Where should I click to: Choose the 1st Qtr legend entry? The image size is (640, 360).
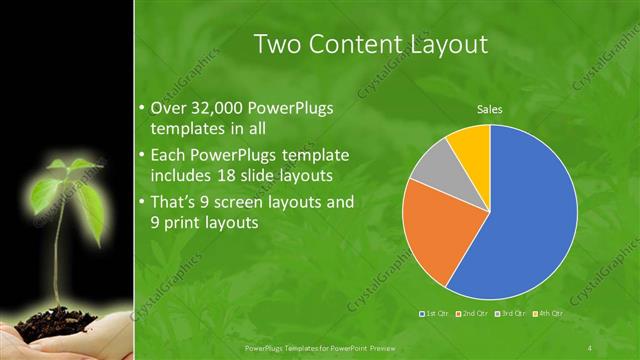(436, 314)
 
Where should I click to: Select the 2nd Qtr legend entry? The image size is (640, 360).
(472, 314)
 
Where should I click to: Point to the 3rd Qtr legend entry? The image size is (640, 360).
(509, 314)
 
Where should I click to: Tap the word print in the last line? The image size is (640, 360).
(183, 224)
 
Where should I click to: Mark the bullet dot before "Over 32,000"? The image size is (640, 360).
(141, 108)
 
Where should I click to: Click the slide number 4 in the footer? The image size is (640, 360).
(590, 347)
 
